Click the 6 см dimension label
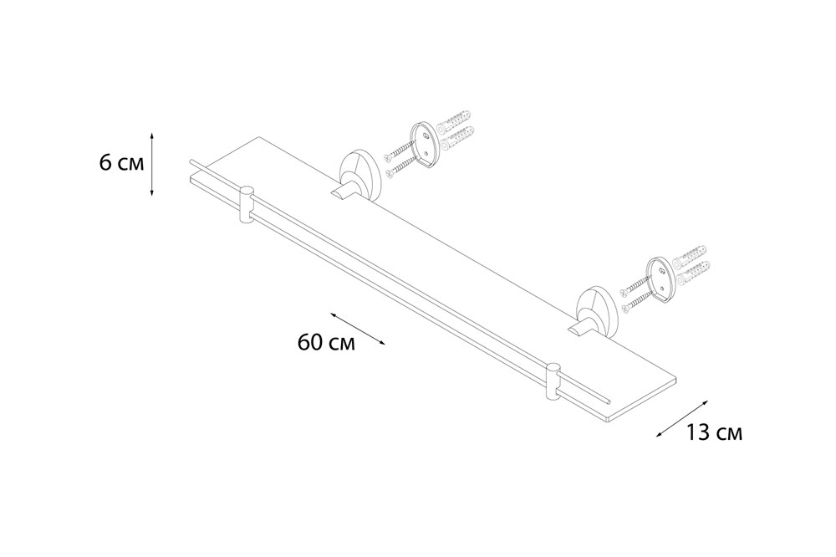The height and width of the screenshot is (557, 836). [x=121, y=163]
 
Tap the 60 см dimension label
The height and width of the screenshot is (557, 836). [x=326, y=342]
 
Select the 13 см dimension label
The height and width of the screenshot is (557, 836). [x=713, y=432]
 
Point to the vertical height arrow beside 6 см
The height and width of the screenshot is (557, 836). [x=152, y=164]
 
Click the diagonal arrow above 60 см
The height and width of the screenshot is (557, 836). [x=357, y=329]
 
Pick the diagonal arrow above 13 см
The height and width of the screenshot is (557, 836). [x=682, y=419]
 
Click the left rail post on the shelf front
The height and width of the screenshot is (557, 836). [x=247, y=205]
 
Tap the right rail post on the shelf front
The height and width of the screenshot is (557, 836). [x=553, y=382]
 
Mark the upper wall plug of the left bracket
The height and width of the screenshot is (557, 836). [x=454, y=121]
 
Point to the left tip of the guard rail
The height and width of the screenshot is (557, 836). [x=191, y=161]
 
